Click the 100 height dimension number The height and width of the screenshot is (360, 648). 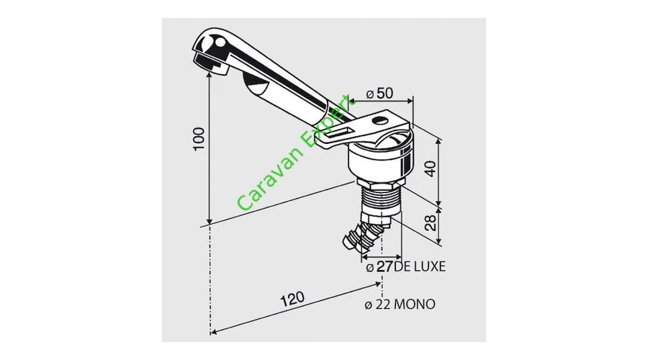coord(199,139)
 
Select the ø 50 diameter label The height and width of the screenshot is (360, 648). coord(379,94)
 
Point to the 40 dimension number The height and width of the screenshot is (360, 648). coord(431,168)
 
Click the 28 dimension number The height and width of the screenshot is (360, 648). coord(431,222)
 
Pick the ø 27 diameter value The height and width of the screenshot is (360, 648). coord(379,267)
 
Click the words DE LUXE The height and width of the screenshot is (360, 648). coord(420,266)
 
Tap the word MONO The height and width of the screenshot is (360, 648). coord(415,305)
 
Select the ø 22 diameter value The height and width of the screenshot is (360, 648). coord(378,305)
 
